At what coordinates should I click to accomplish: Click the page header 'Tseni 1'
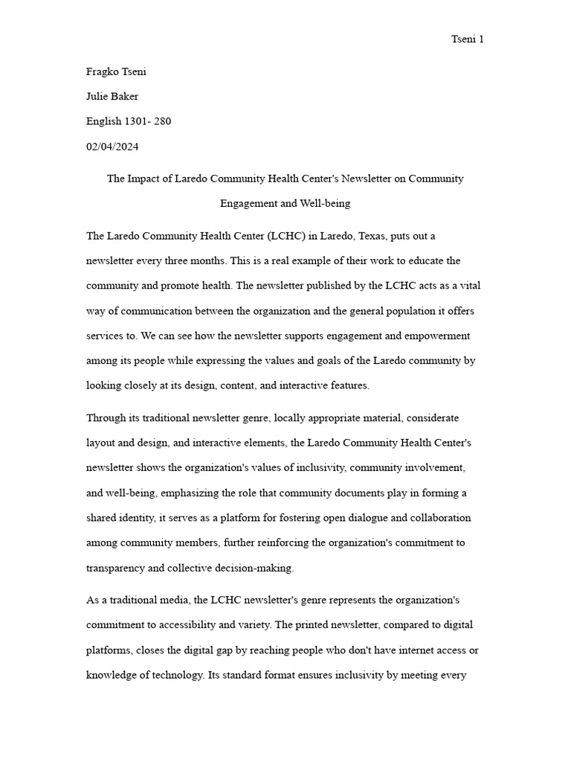pyautogui.click(x=468, y=39)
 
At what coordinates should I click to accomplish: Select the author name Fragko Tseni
pyautogui.click(x=117, y=72)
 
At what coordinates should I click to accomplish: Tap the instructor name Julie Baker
pyautogui.click(x=112, y=96)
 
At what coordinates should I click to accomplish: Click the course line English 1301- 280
pyautogui.click(x=129, y=121)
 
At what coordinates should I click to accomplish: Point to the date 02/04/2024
pyautogui.click(x=112, y=147)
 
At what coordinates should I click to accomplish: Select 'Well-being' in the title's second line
pyautogui.click(x=324, y=203)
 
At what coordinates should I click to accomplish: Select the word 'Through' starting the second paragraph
pyautogui.click(x=106, y=418)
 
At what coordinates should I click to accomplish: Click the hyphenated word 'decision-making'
pyautogui.click(x=257, y=568)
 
